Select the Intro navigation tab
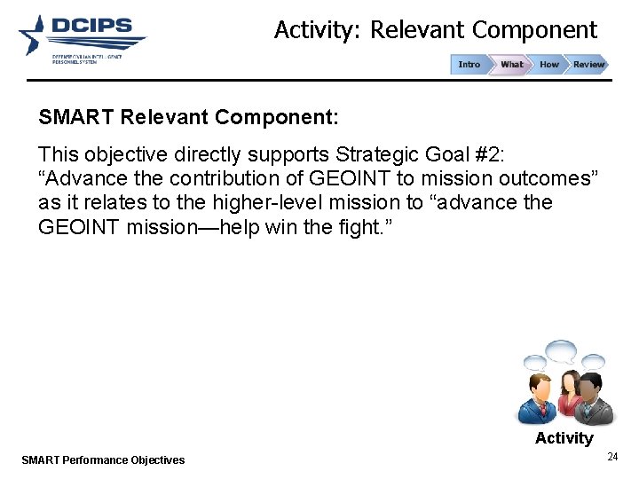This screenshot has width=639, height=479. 469,65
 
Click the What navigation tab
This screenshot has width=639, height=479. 511,65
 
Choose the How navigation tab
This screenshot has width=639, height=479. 549,65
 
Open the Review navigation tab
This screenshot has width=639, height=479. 588,65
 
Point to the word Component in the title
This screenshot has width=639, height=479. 534,30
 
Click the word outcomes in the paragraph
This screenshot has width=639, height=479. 544,177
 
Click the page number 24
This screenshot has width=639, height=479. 611,457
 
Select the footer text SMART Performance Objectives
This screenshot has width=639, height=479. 103,459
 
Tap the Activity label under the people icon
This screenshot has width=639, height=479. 564,438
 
